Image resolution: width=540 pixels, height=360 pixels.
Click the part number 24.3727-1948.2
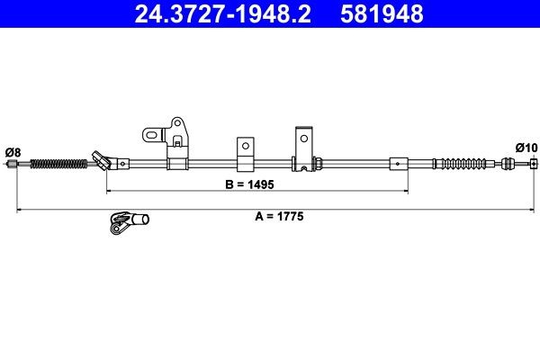[x=222, y=14]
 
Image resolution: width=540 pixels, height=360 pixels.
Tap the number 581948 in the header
[x=382, y=14]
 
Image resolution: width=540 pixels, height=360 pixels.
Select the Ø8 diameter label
[x=13, y=152]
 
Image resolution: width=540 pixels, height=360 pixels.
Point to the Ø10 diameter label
[x=526, y=148]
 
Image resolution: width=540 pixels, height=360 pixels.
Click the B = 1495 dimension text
[x=249, y=184]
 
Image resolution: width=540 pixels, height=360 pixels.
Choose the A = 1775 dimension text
[x=279, y=216]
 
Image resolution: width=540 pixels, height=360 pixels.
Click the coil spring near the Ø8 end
[x=58, y=164]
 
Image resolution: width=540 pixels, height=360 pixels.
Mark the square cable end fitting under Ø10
[x=534, y=164]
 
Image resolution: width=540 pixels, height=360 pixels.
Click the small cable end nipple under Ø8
[x=13, y=164]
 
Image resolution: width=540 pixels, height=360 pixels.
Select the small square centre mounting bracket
[x=246, y=154]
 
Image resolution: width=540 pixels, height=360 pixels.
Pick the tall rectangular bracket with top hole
[x=304, y=148]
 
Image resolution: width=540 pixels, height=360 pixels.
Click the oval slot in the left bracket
[x=152, y=134]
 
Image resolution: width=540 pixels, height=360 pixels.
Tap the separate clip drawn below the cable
[x=129, y=222]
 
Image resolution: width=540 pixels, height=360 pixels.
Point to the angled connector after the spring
[x=103, y=160]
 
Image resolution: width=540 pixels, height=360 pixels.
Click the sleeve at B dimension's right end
[x=399, y=164]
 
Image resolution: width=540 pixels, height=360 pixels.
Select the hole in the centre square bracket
[x=246, y=146]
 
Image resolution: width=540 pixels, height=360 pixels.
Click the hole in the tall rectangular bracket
[x=304, y=138]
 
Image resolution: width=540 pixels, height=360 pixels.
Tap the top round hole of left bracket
[x=177, y=122]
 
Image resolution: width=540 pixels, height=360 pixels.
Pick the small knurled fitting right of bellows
[x=508, y=163]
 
